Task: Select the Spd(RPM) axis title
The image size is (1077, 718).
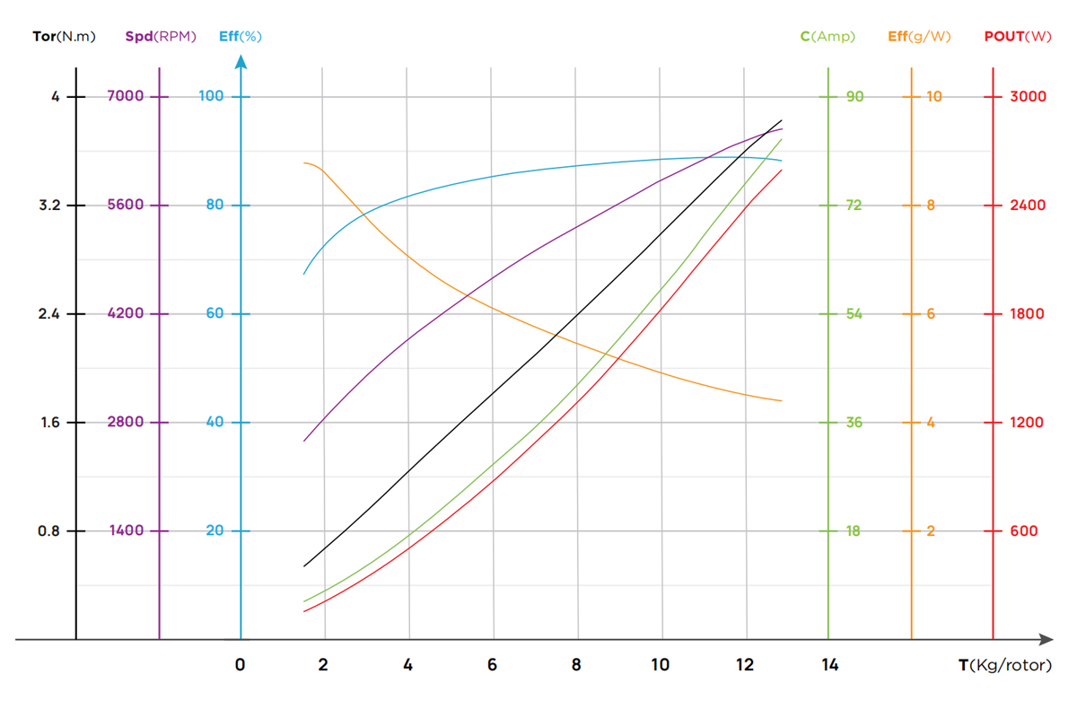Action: click(161, 37)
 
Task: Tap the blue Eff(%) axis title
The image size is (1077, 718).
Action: click(241, 37)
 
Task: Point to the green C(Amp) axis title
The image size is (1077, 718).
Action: click(827, 37)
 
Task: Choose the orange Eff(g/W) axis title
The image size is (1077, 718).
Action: click(919, 37)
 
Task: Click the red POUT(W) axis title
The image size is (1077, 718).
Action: click(1018, 37)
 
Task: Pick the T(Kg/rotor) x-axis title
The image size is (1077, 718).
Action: click(1004, 666)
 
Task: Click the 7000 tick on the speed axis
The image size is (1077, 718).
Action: click(126, 96)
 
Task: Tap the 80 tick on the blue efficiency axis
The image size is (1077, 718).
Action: click(215, 205)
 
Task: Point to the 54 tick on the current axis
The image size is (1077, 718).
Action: click(854, 314)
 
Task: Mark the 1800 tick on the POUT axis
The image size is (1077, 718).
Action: click(1028, 314)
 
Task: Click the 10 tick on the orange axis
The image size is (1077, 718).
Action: click(934, 96)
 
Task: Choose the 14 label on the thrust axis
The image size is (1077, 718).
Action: click(829, 665)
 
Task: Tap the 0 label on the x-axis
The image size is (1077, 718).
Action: click(240, 665)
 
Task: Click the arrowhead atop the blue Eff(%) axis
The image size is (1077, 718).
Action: click(241, 62)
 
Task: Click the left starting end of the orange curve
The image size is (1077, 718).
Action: click(304, 163)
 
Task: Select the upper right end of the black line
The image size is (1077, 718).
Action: click(782, 120)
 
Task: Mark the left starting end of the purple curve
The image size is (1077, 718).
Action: click(304, 441)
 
